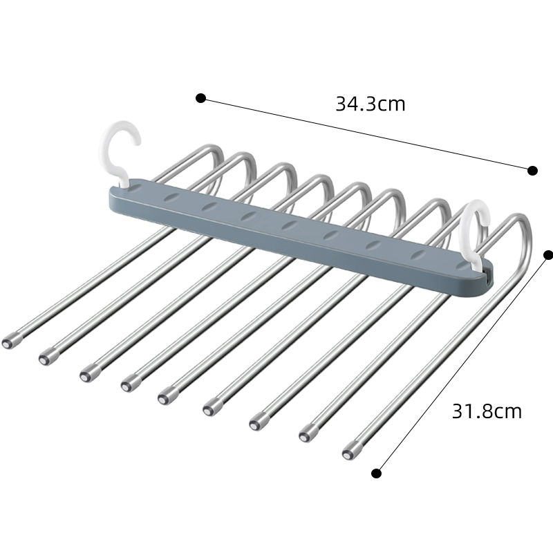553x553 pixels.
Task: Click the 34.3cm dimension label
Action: coord(370,104)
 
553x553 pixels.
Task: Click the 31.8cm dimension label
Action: coord(487,411)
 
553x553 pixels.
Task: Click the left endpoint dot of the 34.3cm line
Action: coord(200,98)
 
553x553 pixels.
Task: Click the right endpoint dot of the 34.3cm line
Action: coord(532,171)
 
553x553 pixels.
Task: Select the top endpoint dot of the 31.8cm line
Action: coord(548,255)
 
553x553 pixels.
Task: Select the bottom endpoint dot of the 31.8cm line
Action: coord(376,474)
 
